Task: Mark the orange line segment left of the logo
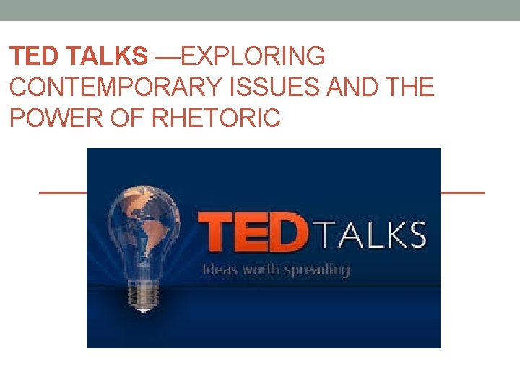62,194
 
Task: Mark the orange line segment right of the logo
462,194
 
